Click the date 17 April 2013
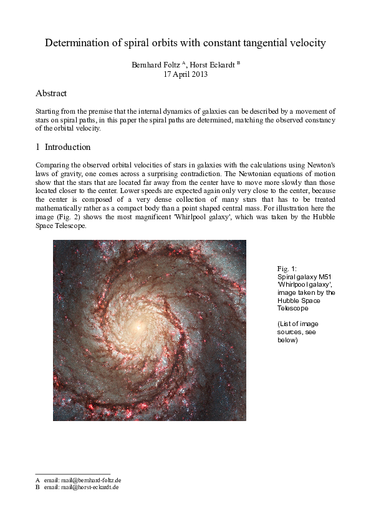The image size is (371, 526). [x=185, y=74]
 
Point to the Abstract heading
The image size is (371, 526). [x=51, y=93]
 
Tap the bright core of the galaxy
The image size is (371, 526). [x=142, y=325]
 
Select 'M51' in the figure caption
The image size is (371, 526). [x=322, y=276]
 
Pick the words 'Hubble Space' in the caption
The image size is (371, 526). [x=297, y=300]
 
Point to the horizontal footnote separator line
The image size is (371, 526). [x=73, y=474]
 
